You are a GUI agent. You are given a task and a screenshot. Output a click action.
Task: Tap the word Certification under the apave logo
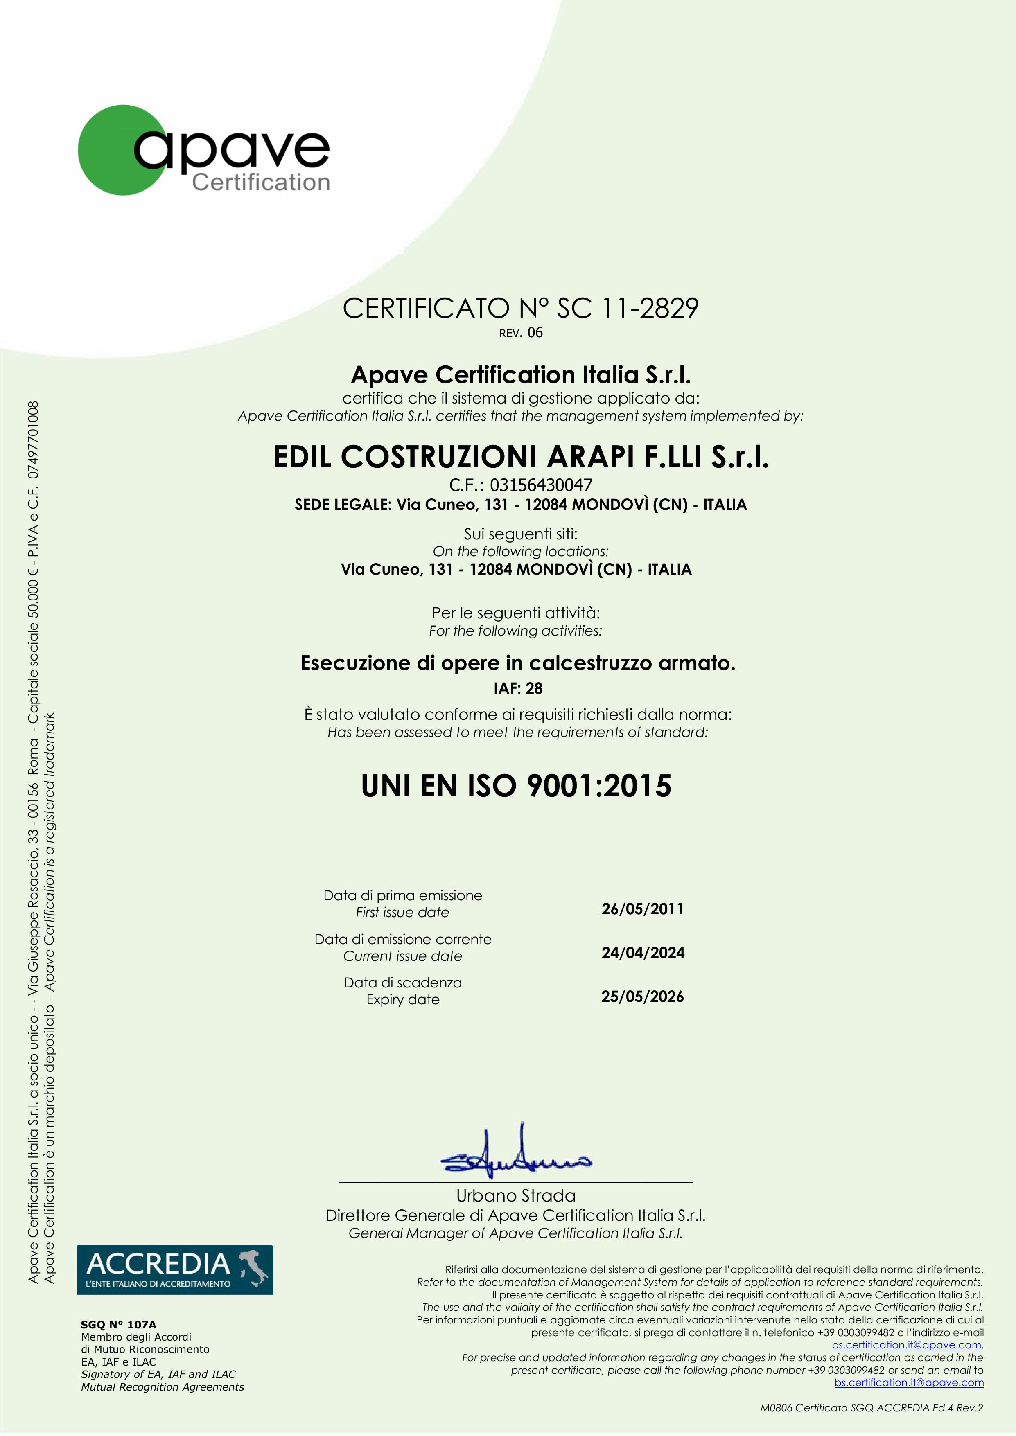260,183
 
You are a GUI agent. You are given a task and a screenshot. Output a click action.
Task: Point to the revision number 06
535,333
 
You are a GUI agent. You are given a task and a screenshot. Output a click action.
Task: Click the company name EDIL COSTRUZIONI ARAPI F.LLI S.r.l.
521,457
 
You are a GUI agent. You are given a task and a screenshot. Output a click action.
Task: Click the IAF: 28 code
518,688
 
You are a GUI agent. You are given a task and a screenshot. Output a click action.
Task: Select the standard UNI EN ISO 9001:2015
516,786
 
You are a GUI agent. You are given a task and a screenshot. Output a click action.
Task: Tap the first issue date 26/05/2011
643,909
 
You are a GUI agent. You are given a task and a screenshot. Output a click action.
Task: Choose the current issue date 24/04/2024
643,953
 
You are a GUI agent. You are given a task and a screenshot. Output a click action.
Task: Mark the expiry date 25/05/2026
643,996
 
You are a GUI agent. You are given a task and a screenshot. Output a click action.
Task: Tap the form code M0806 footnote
871,1408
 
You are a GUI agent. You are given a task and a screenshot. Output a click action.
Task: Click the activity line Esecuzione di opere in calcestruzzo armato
517,663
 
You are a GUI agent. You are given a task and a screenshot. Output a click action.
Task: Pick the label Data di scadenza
403,983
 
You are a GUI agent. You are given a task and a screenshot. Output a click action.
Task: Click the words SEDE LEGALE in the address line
343,505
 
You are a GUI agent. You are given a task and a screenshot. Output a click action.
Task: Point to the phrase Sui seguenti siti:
521,534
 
